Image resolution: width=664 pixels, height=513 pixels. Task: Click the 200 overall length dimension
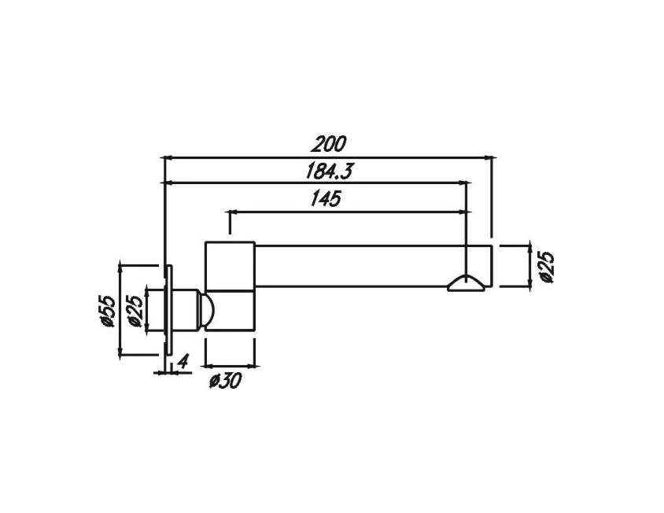click(329, 145)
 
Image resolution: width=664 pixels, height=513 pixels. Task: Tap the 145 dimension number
click(325, 199)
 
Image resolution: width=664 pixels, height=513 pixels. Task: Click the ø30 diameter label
click(225, 382)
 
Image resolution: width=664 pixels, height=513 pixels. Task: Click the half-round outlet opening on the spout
click(466, 284)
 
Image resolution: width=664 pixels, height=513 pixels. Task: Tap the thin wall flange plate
click(168, 311)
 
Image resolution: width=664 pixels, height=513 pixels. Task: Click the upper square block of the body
click(231, 264)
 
